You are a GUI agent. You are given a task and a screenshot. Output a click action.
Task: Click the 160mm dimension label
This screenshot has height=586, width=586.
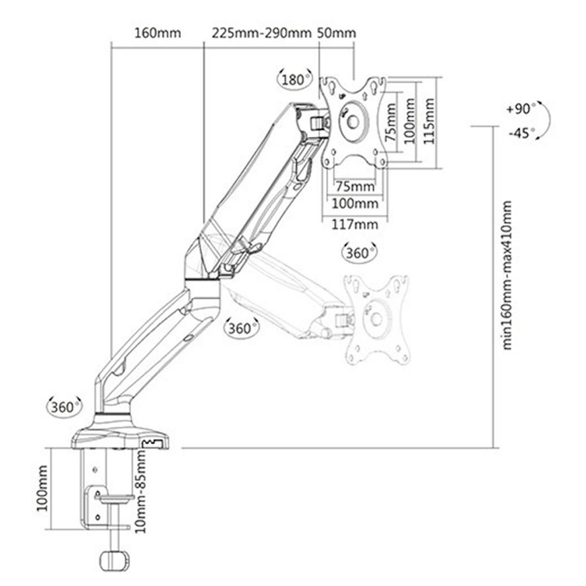158,33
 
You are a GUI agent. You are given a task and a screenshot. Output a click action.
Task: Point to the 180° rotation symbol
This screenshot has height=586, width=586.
295,80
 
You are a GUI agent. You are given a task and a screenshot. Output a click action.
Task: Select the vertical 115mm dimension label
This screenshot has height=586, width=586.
429,120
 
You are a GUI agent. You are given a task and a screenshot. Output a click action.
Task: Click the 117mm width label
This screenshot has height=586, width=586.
355,224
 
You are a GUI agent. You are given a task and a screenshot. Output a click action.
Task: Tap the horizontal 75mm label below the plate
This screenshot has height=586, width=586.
355,186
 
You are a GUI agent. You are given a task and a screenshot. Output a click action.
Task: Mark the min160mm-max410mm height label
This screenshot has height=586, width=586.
507,275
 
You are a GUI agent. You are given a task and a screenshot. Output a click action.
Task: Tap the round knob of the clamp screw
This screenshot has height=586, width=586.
114,559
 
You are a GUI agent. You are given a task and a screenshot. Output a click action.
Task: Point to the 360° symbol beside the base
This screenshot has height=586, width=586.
63,406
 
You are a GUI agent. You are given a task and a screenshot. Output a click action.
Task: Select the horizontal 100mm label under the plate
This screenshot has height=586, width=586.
355,204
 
